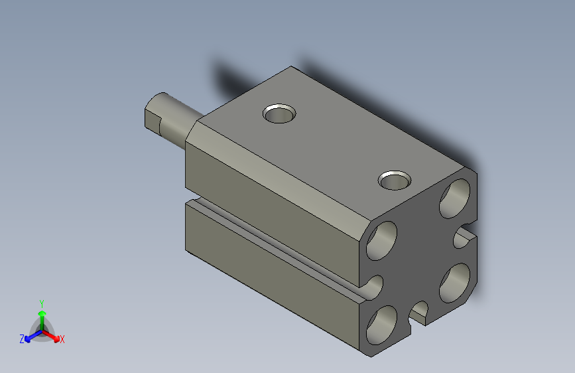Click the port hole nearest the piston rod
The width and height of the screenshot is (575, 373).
[x=279, y=113]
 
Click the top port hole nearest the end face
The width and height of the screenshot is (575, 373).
[x=395, y=181]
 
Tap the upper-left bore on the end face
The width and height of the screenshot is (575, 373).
[x=382, y=241]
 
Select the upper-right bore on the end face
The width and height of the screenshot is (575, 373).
[x=455, y=198]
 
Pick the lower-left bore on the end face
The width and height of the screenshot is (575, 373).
[x=382, y=325]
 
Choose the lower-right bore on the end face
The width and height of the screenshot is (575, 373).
[x=455, y=283]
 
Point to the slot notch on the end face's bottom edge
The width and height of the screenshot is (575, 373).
[x=418, y=313]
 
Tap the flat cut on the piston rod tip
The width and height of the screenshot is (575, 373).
[x=153, y=119]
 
